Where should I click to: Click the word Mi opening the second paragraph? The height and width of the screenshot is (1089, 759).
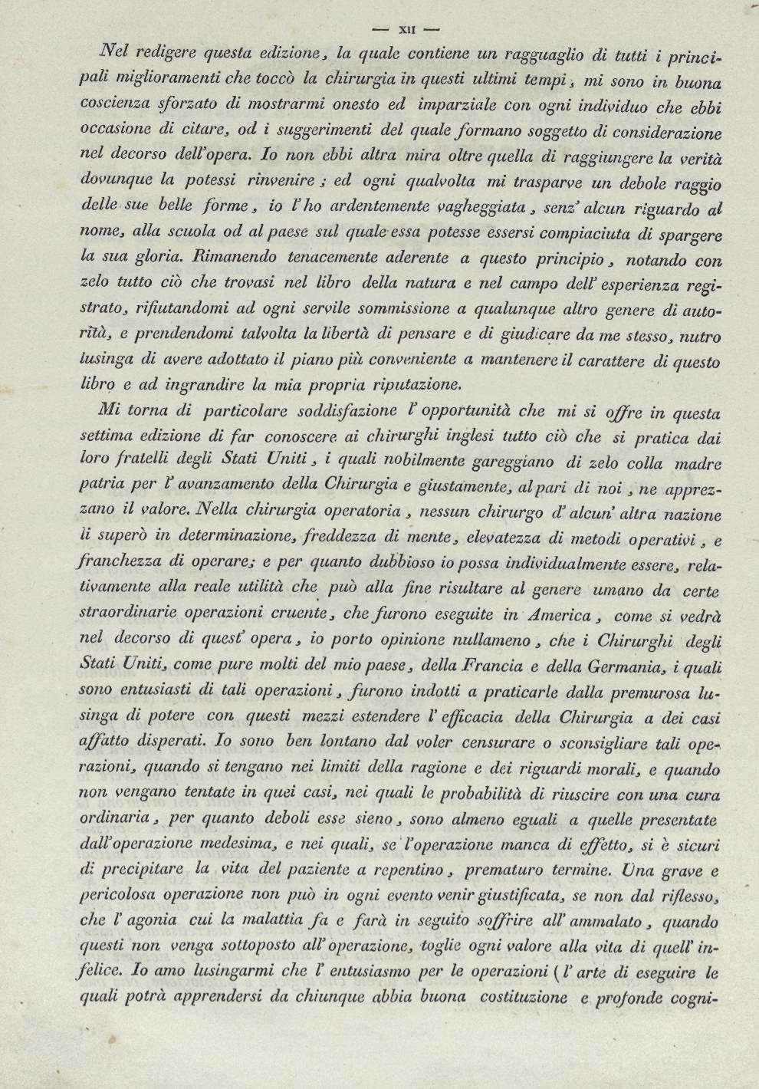pos(100,409)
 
